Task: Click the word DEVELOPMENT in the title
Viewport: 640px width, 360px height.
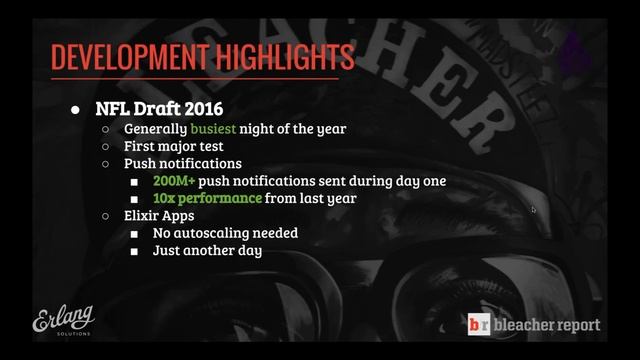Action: [124, 57]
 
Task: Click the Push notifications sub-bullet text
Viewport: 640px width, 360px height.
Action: [183, 163]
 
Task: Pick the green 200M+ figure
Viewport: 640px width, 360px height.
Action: [173, 181]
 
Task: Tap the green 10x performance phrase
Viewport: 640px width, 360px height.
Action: [208, 198]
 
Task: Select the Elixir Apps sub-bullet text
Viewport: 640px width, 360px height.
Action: [159, 215]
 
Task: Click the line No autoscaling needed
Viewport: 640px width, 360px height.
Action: [225, 233]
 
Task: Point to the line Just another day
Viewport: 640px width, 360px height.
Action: [207, 250]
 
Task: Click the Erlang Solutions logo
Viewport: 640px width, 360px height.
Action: [63, 320]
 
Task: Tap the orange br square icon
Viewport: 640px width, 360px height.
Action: [480, 325]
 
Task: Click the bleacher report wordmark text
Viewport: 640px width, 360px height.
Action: [547, 325]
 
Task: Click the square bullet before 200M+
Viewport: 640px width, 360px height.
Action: [134, 182]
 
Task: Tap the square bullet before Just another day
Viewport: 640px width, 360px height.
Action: [134, 251]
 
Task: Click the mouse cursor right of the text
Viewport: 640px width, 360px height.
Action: [533, 210]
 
